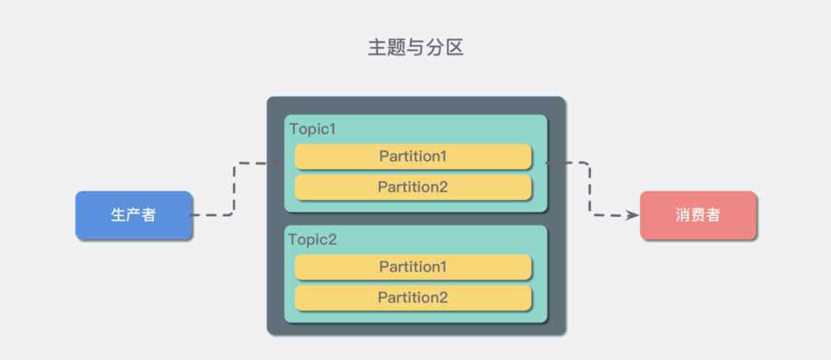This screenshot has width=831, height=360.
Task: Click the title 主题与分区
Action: (x=415, y=48)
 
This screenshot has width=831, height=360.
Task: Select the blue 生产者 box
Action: (x=134, y=215)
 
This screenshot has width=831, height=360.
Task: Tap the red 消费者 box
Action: (x=698, y=215)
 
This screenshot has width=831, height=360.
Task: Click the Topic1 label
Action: (x=312, y=129)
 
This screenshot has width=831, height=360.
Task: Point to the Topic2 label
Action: (x=312, y=240)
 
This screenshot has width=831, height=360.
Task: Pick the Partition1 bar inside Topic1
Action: (x=413, y=156)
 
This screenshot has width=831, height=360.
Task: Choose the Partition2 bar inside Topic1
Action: (x=413, y=187)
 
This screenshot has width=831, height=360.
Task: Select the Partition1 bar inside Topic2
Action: (x=413, y=267)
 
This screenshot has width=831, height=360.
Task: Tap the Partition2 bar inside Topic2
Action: (x=413, y=298)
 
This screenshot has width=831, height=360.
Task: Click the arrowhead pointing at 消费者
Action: (x=633, y=215)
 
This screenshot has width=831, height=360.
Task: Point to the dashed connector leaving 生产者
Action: (x=234, y=189)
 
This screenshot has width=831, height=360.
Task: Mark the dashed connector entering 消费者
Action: (x=589, y=189)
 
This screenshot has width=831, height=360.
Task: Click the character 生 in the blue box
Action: (x=118, y=215)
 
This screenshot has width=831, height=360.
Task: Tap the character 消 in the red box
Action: (x=682, y=215)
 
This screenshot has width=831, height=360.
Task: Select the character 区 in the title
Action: (x=454, y=48)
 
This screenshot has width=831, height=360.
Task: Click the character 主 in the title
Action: (x=377, y=48)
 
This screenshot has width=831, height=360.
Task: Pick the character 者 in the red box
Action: (x=713, y=215)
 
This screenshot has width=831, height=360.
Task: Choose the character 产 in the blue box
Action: (x=134, y=215)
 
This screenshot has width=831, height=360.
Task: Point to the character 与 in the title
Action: (x=415, y=48)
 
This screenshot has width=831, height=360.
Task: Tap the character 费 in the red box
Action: (x=698, y=215)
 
